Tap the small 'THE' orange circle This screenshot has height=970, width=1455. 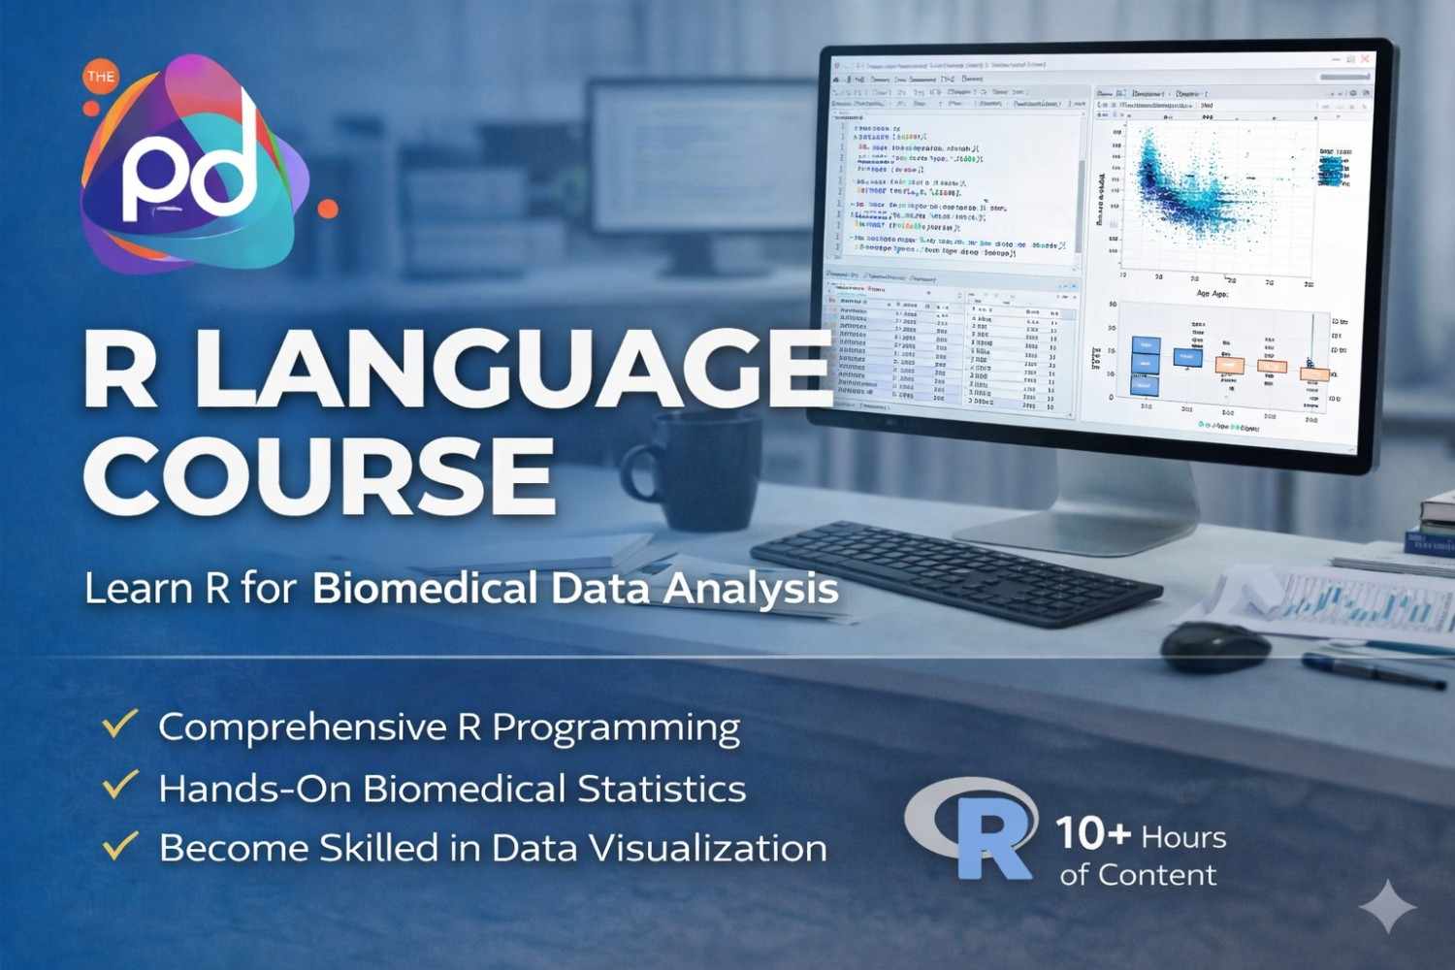click(x=100, y=77)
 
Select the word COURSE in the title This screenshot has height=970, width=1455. click(x=320, y=475)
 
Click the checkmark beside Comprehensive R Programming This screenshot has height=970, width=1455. click(x=120, y=724)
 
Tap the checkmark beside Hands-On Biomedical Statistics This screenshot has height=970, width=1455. click(x=120, y=785)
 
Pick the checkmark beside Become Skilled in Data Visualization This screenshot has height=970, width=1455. click(x=120, y=845)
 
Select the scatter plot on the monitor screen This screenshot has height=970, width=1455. click(x=1203, y=194)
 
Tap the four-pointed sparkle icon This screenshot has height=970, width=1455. click(x=1387, y=907)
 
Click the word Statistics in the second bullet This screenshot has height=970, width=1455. click(x=663, y=788)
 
